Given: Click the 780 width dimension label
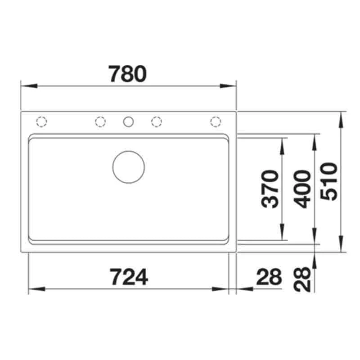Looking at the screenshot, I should [128, 74].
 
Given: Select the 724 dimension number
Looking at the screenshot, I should [129, 276].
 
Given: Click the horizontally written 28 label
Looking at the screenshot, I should [269, 277].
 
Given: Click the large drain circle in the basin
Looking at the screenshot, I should [129, 167].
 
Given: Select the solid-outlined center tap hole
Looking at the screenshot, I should [128, 121].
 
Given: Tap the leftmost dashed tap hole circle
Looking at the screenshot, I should [41, 121].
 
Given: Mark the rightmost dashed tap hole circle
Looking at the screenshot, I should [216, 121].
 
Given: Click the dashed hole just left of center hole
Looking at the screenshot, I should [100, 121].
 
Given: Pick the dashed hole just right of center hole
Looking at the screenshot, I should [157, 121].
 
